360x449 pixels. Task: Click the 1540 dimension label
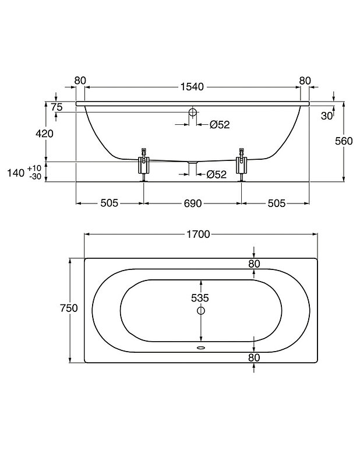tap(192, 86)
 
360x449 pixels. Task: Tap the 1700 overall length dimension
tap(198, 234)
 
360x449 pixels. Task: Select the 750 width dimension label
tap(69, 308)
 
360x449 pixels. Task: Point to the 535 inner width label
tap(200, 298)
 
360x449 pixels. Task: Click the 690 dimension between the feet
tap(193, 204)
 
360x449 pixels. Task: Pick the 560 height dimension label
tap(344, 141)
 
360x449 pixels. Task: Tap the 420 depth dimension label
tap(44, 134)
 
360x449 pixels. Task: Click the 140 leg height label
tap(16, 173)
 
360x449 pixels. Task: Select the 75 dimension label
tap(57, 107)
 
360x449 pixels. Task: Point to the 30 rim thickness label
tap(327, 116)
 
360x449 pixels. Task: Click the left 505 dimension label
tap(110, 203)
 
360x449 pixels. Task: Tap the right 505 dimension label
tap(277, 204)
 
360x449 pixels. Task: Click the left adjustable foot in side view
tap(144, 164)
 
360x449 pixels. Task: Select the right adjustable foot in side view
tap(242, 164)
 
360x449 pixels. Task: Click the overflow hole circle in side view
tap(193, 112)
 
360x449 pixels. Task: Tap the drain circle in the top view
tap(201, 310)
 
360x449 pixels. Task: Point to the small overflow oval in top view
tap(201, 348)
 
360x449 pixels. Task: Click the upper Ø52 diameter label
tap(220, 125)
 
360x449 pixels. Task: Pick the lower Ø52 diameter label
tap(216, 174)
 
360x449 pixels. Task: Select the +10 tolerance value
tap(34, 168)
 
